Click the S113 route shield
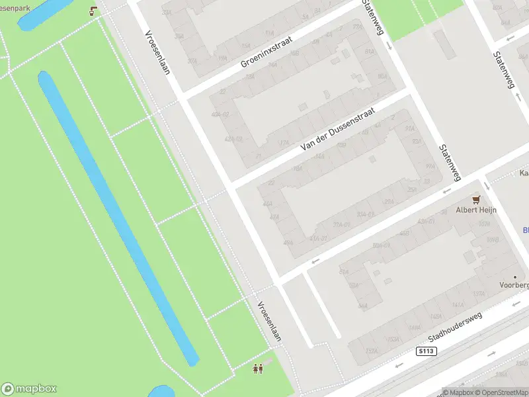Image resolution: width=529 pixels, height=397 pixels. (427, 351)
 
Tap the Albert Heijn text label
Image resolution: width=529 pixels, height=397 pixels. (476, 210)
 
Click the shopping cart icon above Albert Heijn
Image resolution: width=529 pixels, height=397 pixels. (475, 198)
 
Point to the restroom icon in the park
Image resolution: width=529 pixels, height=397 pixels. (258, 369)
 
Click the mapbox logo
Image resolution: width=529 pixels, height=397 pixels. (30, 389)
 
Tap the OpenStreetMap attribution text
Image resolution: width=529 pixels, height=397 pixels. (496, 392)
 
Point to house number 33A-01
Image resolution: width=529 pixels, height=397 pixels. (366, 214)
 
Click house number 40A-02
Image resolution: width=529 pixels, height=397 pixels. (220, 114)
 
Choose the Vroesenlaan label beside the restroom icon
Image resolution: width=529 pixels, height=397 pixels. (269, 320)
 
